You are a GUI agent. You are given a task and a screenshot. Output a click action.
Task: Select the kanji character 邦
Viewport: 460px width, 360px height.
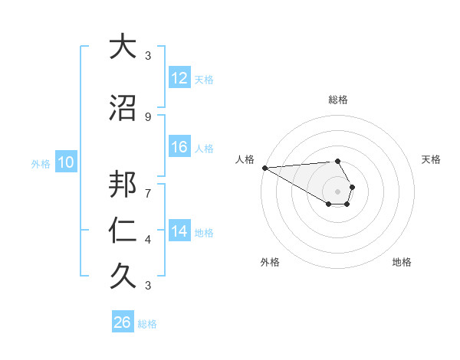point(123,186)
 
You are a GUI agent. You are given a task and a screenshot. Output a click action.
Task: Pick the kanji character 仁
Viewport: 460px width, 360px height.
point(123,231)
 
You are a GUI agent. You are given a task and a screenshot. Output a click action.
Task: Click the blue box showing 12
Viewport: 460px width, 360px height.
point(179,78)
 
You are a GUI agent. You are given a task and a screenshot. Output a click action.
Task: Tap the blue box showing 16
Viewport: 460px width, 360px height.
point(179,147)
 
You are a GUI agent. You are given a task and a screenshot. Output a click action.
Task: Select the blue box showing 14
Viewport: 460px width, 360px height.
point(179,231)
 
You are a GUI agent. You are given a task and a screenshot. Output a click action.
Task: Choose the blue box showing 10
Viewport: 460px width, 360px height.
point(66,162)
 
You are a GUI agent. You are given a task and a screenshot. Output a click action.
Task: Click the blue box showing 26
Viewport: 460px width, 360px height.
point(123,322)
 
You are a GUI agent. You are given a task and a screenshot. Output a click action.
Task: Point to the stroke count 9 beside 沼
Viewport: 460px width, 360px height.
point(148,116)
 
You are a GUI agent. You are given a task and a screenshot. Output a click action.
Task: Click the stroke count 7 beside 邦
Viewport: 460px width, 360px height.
point(148,185)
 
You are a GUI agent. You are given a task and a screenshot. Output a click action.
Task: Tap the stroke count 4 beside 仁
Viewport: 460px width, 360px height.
point(148,240)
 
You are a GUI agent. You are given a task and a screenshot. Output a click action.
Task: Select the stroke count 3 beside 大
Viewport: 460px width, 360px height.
point(148,55)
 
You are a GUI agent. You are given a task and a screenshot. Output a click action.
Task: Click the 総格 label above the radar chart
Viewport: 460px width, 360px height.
point(338,100)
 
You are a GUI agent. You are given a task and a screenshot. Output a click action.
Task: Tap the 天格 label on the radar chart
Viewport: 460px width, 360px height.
point(432,159)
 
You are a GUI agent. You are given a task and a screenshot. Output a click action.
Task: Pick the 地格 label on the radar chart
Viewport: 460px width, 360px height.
point(402,263)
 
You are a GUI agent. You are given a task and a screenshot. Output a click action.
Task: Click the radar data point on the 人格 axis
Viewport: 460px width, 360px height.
point(264,168)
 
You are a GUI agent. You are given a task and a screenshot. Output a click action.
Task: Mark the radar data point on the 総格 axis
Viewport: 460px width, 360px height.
point(338,161)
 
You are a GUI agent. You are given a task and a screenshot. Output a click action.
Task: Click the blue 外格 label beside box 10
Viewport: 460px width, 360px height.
point(41,163)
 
